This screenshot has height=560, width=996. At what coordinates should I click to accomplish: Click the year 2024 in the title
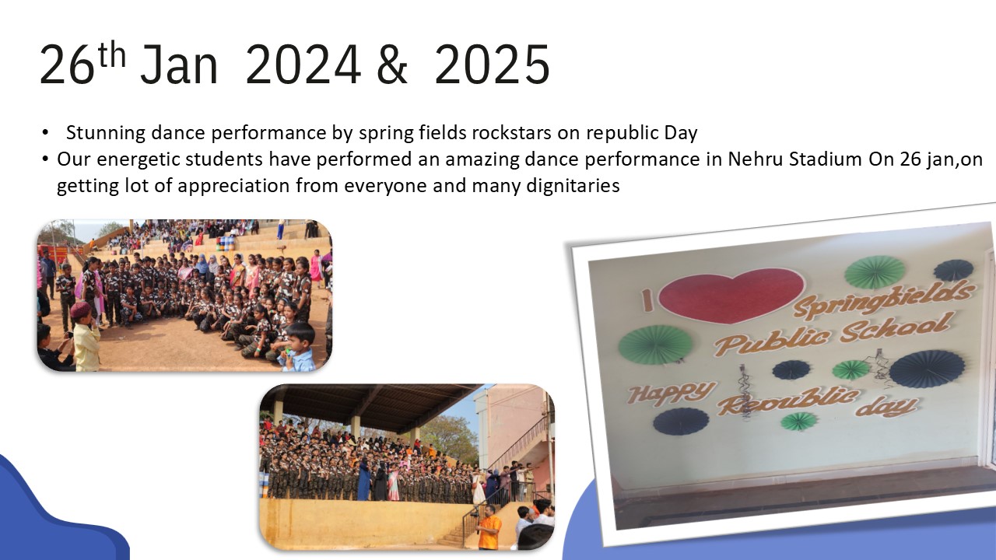(x=303, y=65)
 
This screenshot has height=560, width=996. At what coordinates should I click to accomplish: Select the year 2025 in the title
(x=493, y=65)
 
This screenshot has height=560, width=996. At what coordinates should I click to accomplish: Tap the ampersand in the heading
(x=391, y=65)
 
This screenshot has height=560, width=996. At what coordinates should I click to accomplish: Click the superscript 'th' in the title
(x=112, y=54)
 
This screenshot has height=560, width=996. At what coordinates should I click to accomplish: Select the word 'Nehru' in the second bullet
(x=755, y=159)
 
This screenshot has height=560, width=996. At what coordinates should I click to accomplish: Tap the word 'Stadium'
(x=826, y=159)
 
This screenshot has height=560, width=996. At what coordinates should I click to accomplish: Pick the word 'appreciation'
(x=233, y=186)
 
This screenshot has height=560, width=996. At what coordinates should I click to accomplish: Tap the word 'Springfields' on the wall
(x=882, y=301)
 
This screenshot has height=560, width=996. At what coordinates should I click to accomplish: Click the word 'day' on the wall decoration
(x=886, y=405)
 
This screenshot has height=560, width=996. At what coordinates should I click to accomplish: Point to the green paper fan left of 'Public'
(x=655, y=345)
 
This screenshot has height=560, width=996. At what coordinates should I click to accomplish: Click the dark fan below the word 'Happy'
(x=681, y=422)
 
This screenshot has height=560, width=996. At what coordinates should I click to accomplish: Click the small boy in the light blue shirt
(x=297, y=348)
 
